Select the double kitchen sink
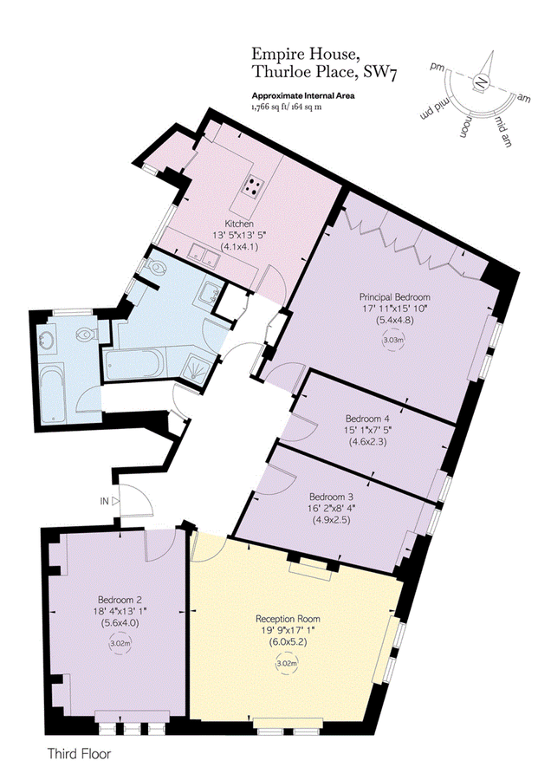pyautogui.click(x=204, y=254)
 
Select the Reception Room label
pyautogui.click(x=288, y=619)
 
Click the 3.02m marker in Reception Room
pyautogui.click(x=287, y=664)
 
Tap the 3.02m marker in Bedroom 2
pyautogui.click(x=120, y=644)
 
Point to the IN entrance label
pyautogui.click(x=103, y=501)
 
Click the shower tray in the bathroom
pyautogui.click(x=198, y=368)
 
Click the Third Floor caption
pyautogui.click(x=80, y=754)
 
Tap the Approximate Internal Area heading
pyautogui.click(x=304, y=95)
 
